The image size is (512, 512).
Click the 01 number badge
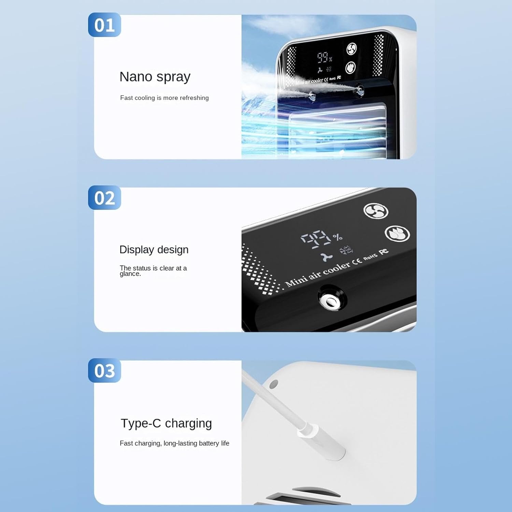click(x=104, y=25)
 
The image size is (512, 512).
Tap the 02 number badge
click(x=104, y=198)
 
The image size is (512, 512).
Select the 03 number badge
click(x=104, y=370)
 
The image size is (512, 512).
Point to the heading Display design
click(x=154, y=250)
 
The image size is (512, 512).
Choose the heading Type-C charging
click(x=166, y=424)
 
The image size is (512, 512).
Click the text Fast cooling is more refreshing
click(x=164, y=98)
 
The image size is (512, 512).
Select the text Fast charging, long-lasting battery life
click(x=174, y=443)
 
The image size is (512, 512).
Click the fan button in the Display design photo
click(x=376, y=211)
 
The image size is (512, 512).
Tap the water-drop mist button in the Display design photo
click(x=397, y=234)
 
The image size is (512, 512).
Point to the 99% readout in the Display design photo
click(x=321, y=238)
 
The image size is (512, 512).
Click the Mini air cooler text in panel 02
click(x=318, y=274)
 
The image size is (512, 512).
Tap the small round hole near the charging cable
click(x=273, y=384)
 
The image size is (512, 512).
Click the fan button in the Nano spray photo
click(x=352, y=49)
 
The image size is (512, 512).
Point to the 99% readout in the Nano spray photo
click(x=325, y=57)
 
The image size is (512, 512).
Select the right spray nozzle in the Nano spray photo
click(x=359, y=91)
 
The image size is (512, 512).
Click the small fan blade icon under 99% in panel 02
click(x=327, y=257)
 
